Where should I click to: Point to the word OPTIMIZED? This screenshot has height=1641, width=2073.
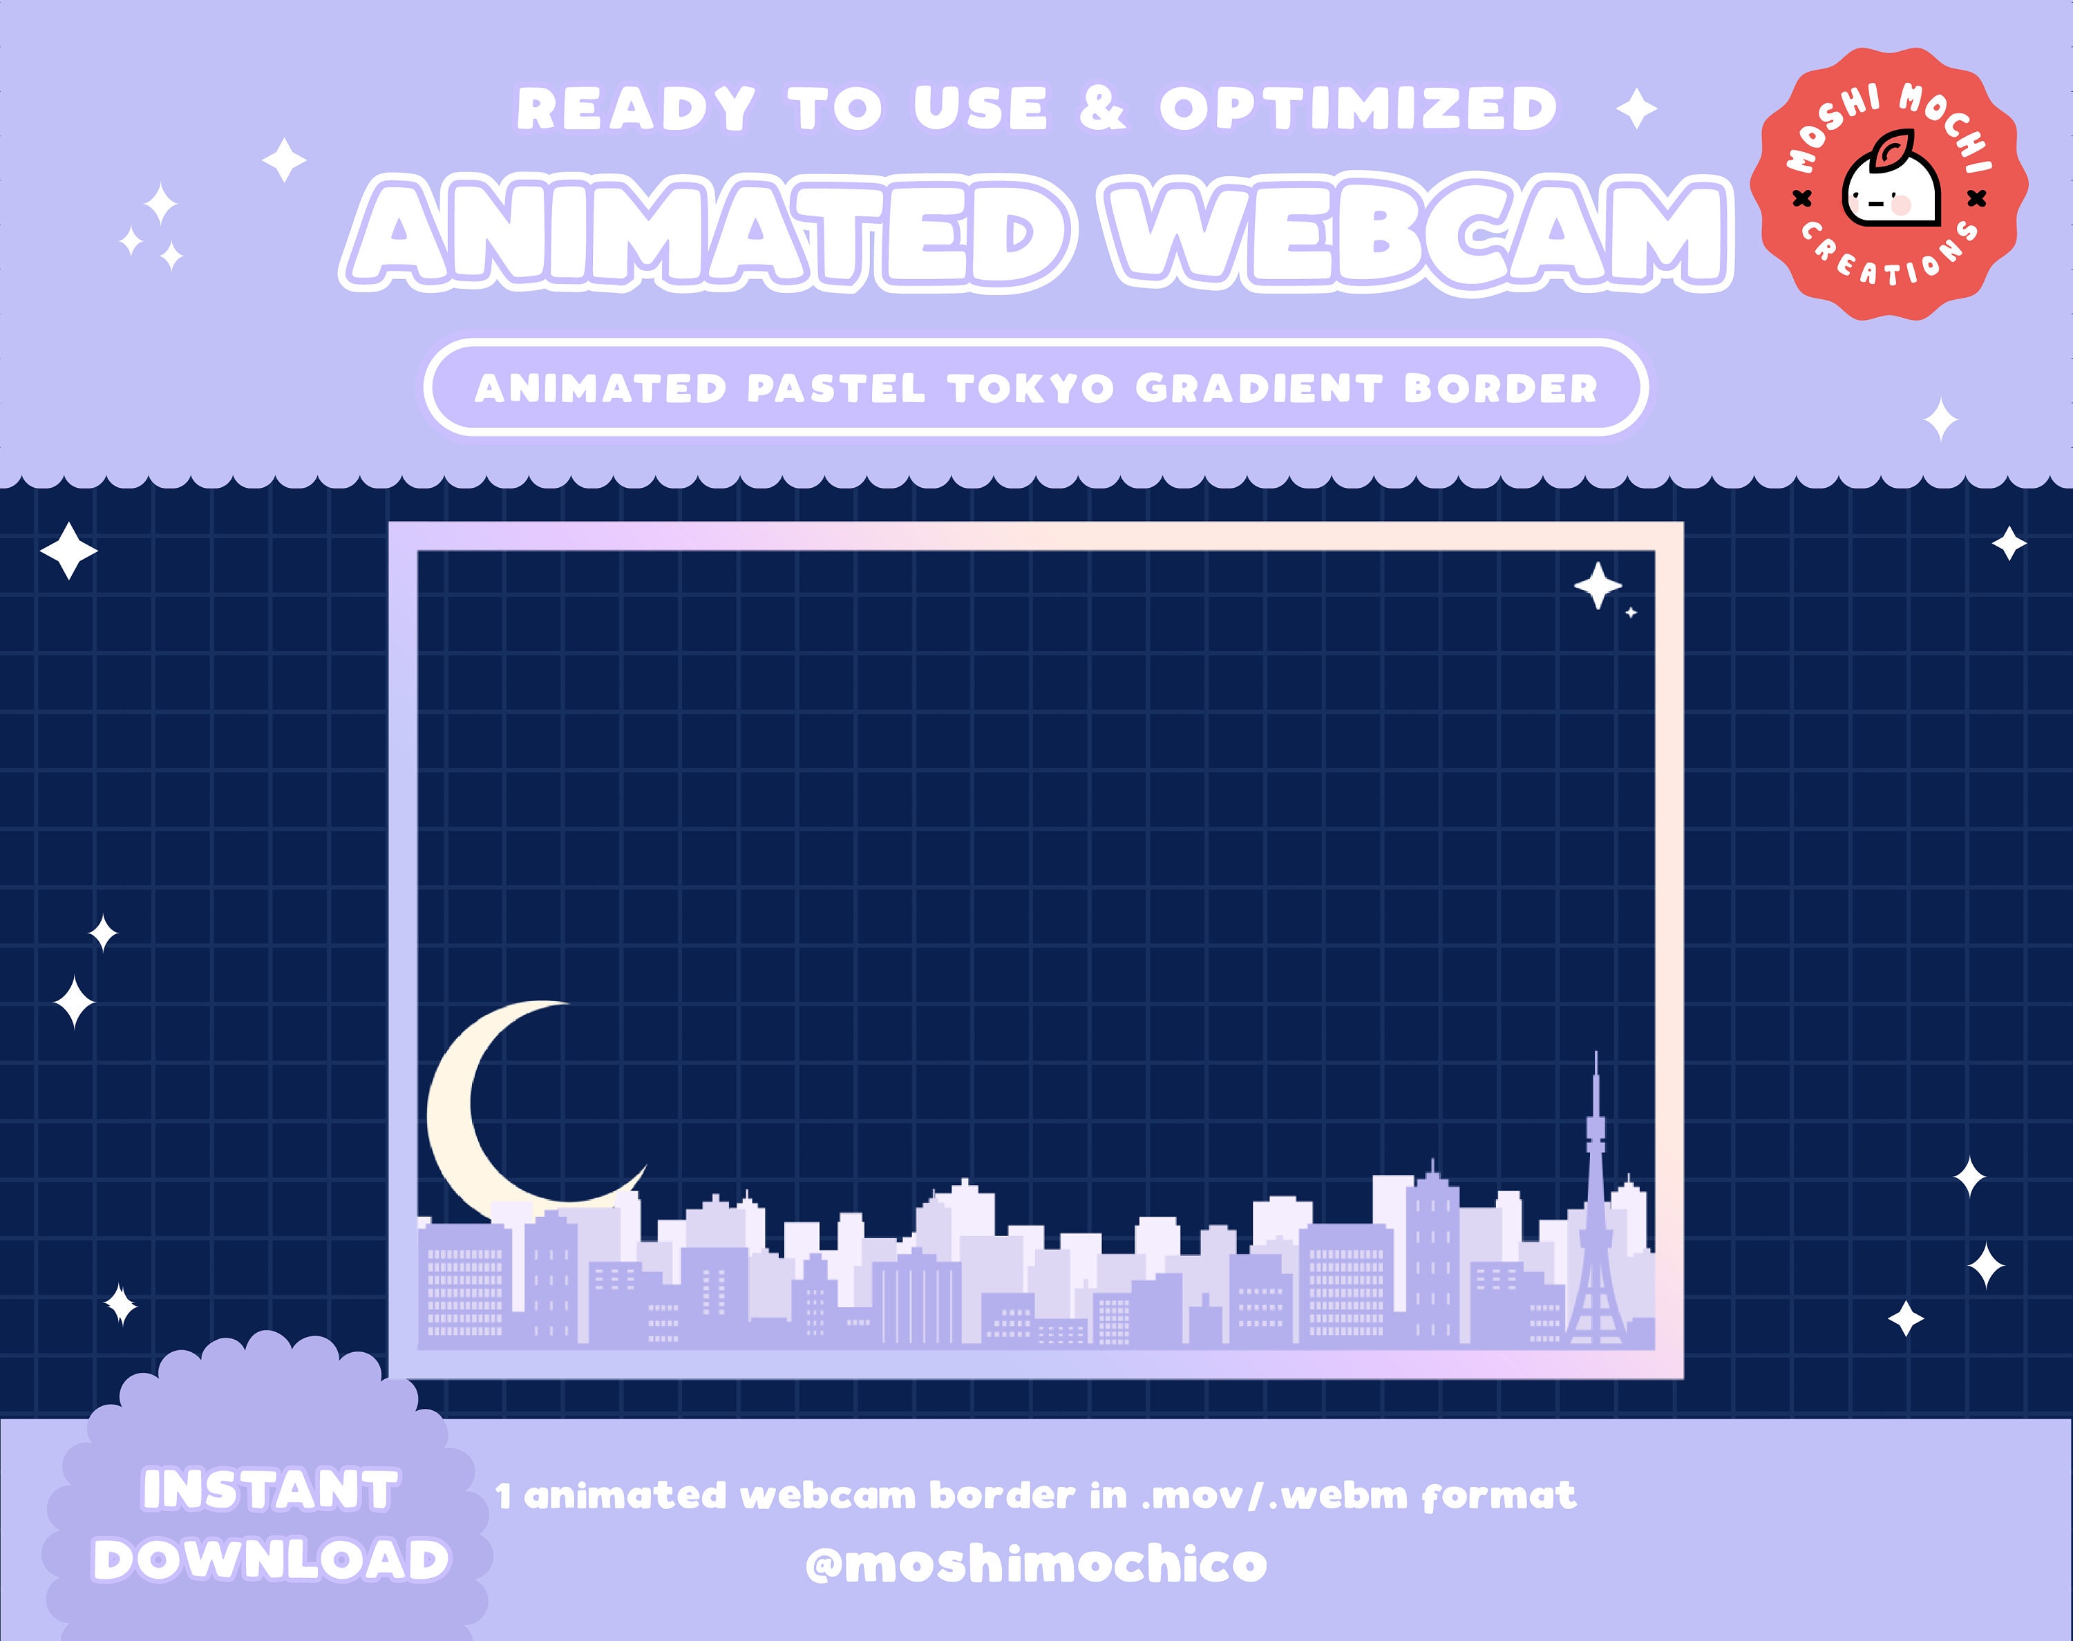coord(1357,108)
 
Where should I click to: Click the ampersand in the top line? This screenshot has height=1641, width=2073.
coord(1102,108)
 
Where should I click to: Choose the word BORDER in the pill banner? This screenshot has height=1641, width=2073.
coord(1499,389)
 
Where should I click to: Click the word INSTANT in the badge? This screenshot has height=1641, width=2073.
coord(270,1491)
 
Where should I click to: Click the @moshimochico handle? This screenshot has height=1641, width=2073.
coord(1036,1564)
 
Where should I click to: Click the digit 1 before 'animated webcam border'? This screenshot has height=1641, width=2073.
coord(504,1497)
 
